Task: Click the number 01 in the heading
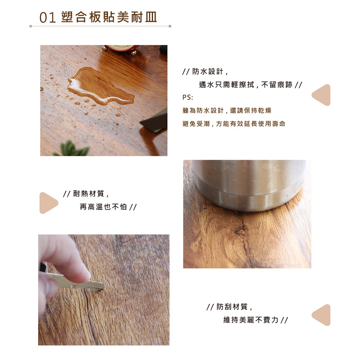tap(48, 18)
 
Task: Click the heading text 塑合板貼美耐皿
tap(109, 17)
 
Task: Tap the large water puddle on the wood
tap(100, 86)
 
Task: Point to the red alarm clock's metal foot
tap(134, 53)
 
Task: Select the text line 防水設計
tap(207, 72)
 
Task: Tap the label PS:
tap(188, 98)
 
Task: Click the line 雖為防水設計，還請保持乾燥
tap(227, 110)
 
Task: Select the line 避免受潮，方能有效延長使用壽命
tap(234, 124)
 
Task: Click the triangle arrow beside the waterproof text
tap(322, 95)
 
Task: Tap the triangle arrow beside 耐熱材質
tap(48, 203)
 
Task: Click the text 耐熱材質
tap(89, 194)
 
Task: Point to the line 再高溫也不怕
tap(103, 207)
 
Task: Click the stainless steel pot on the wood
tap(249, 185)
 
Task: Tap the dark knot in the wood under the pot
tap(240, 230)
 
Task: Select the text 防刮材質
tap(232, 307)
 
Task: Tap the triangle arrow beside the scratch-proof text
tap(322, 315)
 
